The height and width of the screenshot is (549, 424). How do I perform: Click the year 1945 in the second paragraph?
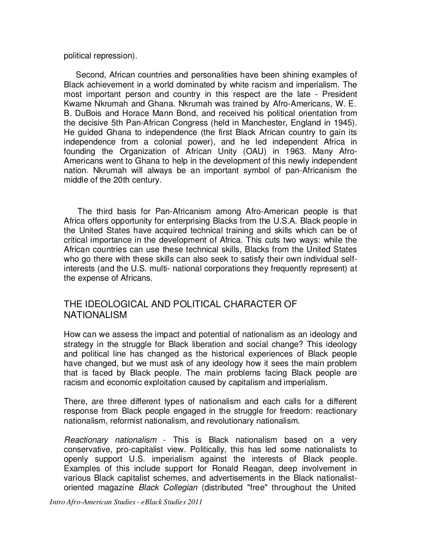coord(344,123)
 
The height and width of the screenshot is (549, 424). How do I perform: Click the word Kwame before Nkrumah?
coord(75,104)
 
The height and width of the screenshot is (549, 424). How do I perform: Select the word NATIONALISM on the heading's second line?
coord(95,315)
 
